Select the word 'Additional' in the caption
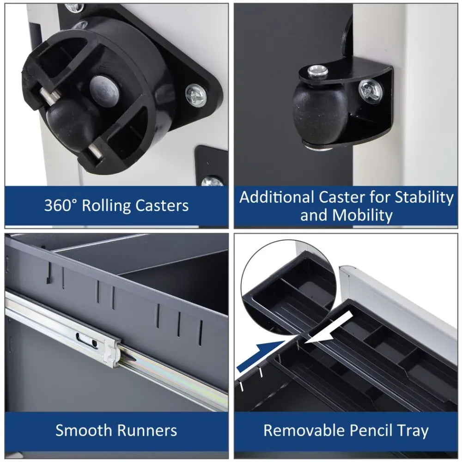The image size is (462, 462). tap(276, 197)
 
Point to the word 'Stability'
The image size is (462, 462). tap(424, 197)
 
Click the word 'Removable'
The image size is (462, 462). tap(304, 430)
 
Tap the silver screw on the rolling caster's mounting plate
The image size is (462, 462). tap(196, 95)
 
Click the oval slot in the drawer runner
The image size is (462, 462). tap(87, 340)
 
